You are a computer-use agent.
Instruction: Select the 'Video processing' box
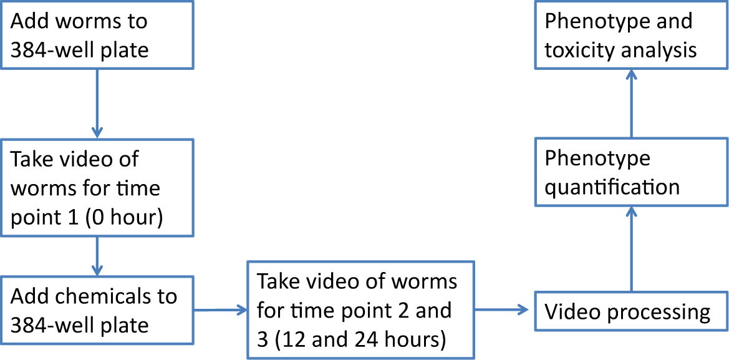pyautogui.click(x=631, y=311)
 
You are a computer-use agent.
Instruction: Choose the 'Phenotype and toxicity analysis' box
pyautogui.click(x=631, y=35)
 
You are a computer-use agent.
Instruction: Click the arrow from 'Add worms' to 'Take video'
pyautogui.click(x=97, y=103)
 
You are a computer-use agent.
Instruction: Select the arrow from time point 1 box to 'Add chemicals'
pyautogui.click(x=97, y=256)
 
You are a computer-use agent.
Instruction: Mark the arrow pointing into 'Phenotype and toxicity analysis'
pyautogui.click(x=631, y=103)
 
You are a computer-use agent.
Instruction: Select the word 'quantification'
pyautogui.click(x=612, y=187)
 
